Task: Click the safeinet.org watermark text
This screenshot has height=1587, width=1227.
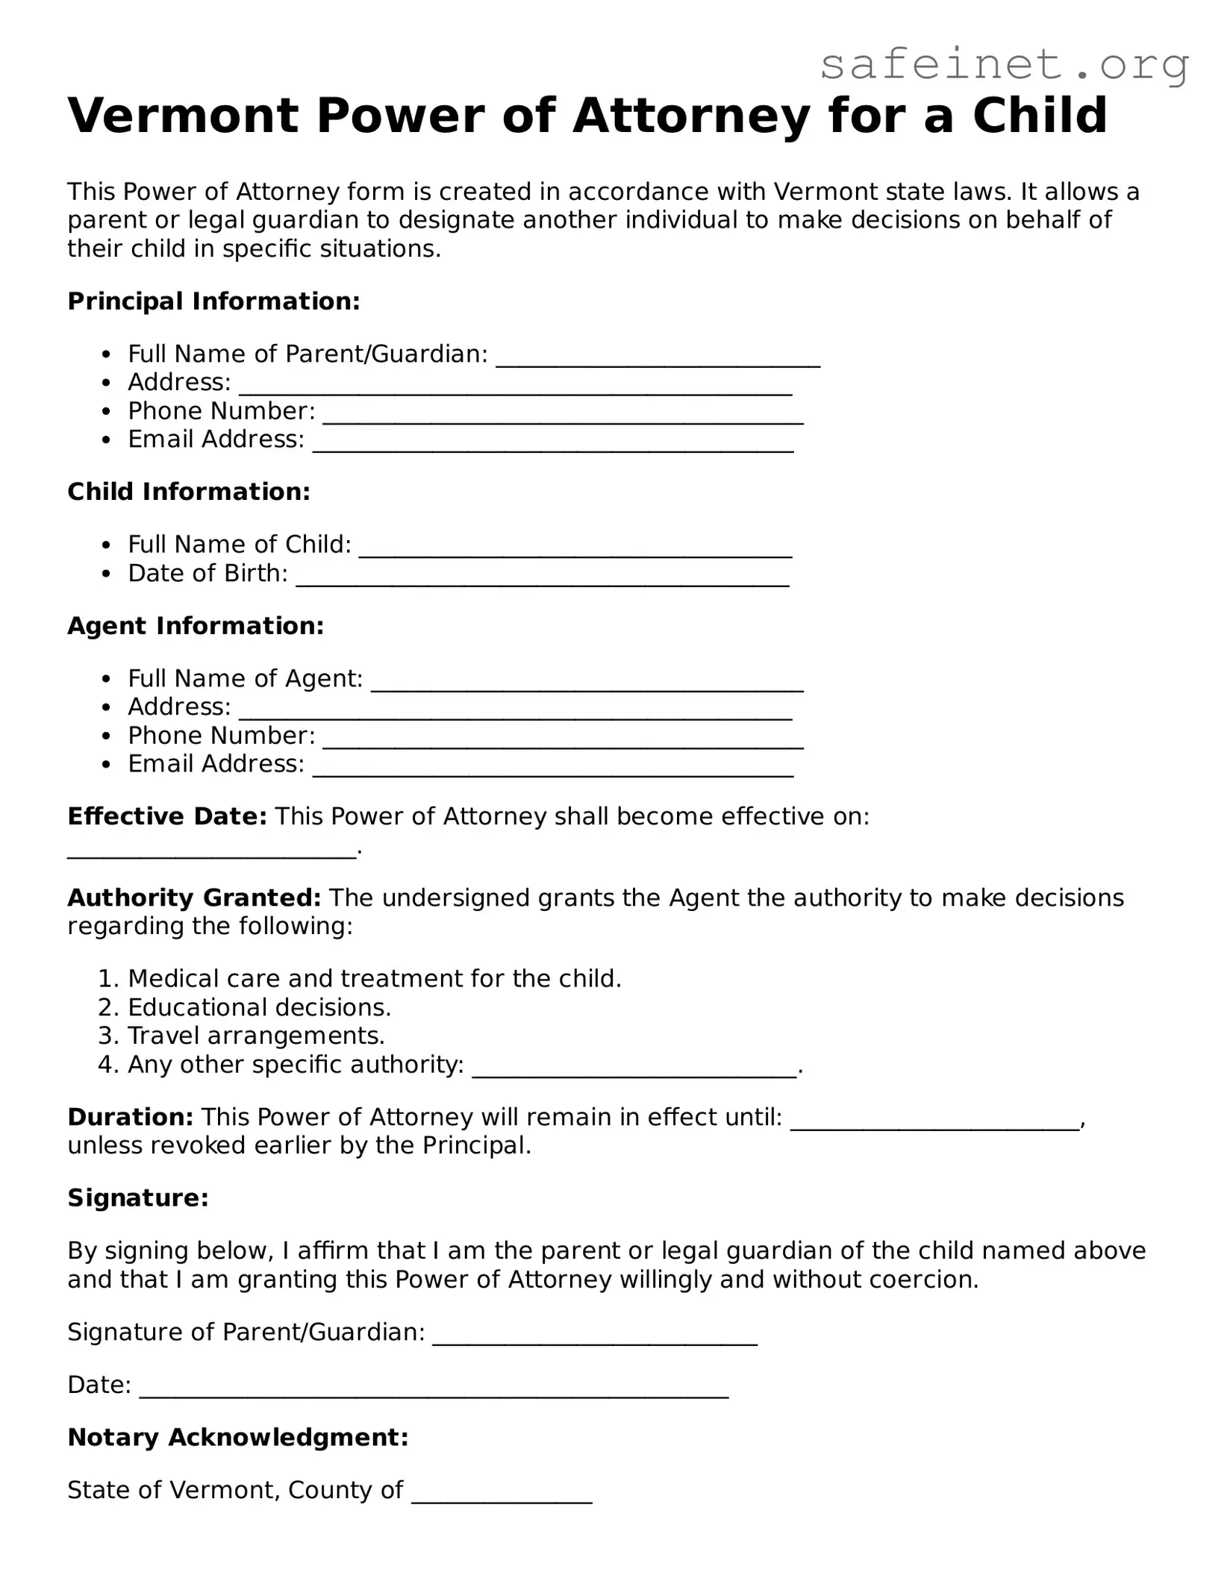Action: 1004,66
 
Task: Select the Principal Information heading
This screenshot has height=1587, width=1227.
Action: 213,301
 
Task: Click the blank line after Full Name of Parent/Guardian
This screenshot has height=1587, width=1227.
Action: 658,358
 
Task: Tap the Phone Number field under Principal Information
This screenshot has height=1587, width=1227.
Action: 563,416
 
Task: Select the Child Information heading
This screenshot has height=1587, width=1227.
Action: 188,492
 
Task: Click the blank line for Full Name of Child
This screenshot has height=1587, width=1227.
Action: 575,549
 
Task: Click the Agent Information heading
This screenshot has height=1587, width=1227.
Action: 196,626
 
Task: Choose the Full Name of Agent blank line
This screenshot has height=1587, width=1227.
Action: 587,683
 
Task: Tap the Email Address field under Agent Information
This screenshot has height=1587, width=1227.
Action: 552,769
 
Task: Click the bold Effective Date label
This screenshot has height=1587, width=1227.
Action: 166,816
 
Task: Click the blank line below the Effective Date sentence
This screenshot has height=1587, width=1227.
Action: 212,851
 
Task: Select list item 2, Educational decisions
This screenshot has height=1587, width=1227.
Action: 259,1007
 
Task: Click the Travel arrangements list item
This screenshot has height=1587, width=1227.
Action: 256,1036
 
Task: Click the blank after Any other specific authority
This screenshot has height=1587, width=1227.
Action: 634,1069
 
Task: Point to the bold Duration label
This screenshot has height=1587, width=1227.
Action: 131,1117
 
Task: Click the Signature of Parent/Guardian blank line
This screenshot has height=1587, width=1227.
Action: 595,1336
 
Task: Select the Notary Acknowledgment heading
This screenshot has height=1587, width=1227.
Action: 237,1437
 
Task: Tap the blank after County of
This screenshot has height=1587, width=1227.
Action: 502,1494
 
